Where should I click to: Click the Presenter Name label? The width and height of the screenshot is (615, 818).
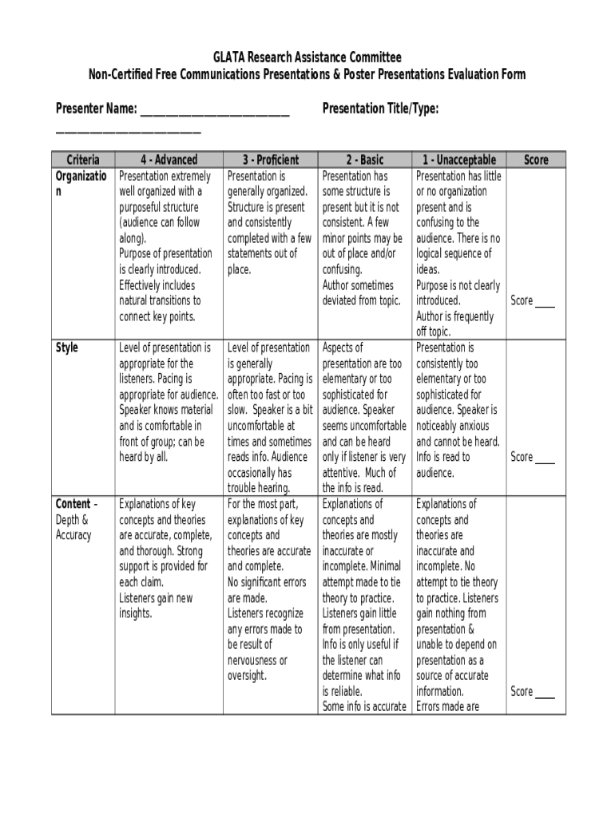(x=96, y=109)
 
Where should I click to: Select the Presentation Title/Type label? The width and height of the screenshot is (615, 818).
(x=380, y=109)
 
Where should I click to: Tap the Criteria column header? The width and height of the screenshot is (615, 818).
(x=83, y=160)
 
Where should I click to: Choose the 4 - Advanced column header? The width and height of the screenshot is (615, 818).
(x=169, y=160)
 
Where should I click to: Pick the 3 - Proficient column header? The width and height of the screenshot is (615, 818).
(x=271, y=160)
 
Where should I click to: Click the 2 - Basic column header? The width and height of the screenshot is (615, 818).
(x=365, y=160)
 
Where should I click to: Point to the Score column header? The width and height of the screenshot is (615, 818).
(x=536, y=160)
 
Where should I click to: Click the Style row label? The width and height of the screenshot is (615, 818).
(x=67, y=347)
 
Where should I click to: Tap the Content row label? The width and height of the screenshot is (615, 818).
(x=73, y=504)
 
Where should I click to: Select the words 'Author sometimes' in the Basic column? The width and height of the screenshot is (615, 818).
(x=358, y=285)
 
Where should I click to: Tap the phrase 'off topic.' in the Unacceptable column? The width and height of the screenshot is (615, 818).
(x=433, y=332)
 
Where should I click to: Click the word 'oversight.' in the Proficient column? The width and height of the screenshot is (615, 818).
(x=247, y=676)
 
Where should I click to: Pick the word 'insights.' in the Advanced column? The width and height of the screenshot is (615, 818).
(x=135, y=613)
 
